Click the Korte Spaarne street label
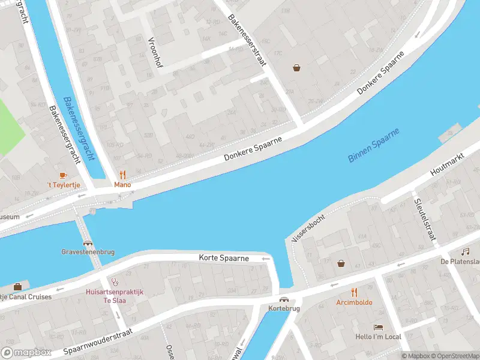coord(224,258)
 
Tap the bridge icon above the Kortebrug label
coord(283,299)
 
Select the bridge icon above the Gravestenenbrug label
coord(88,244)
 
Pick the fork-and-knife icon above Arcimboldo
coord(354,292)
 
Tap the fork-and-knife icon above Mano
coord(122,175)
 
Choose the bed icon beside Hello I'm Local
coord(378,327)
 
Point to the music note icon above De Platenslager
coord(465,251)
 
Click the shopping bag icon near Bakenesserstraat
coord(296,68)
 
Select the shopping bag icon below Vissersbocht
coord(341,263)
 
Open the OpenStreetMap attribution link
coord(455,356)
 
